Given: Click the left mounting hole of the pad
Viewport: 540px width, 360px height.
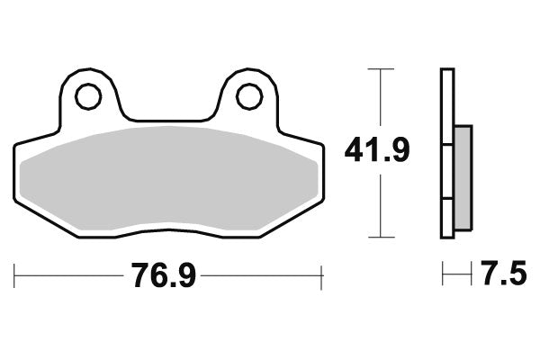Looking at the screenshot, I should (87, 95).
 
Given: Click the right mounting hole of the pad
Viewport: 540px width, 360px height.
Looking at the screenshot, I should (250, 95).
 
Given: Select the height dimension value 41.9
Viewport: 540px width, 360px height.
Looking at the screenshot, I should (377, 150).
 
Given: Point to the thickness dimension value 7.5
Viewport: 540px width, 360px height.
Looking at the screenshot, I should (504, 273).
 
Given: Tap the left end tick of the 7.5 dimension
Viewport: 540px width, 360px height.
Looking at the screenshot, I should (442, 272).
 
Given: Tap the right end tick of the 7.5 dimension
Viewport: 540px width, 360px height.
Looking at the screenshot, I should (471, 272).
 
